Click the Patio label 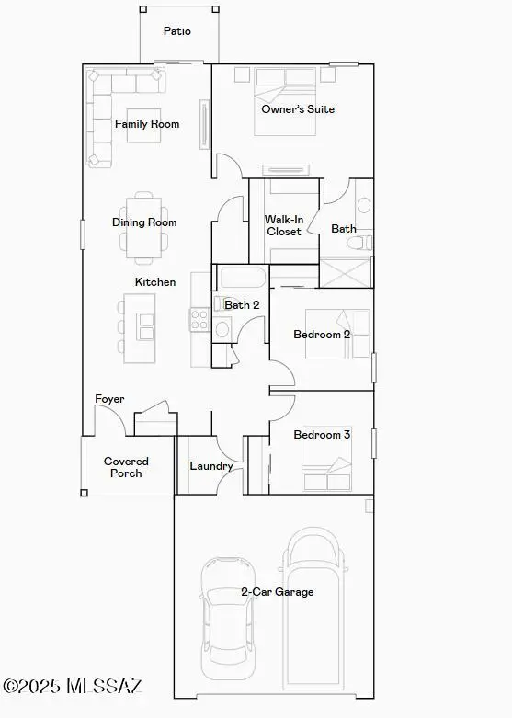click(177, 31)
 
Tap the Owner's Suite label click(298, 109)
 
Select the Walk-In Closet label click(284, 225)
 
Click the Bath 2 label click(242, 304)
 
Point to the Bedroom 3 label click(322, 434)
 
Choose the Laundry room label click(211, 466)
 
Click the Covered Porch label click(126, 467)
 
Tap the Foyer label click(109, 399)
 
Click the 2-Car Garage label click(278, 592)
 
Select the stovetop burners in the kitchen click(200, 319)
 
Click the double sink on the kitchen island click(146, 326)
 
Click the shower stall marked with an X click(344, 273)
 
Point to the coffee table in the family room click(143, 125)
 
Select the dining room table click(143, 228)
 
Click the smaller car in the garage click(228, 618)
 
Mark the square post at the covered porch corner click(84, 493)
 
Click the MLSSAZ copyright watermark click(73, 686)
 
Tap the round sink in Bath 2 click(222, 329)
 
